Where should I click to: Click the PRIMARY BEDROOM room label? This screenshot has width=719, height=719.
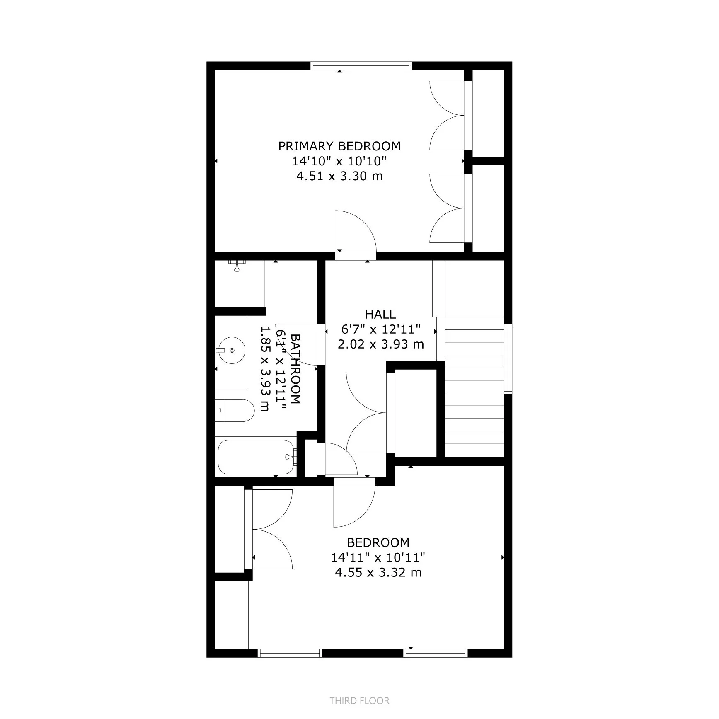click(339, 146)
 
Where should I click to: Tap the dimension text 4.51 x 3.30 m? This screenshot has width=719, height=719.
click(339, 176)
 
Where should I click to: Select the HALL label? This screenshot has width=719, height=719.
click(380, 314)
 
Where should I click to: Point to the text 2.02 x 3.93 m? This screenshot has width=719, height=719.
click(380, 344)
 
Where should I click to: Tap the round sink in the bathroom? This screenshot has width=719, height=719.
click(231, 351)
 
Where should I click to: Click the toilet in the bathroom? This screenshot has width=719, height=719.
click(235, 411)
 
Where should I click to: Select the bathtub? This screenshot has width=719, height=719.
click(257, 457)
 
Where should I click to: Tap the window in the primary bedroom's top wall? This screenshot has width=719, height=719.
click(361, 65)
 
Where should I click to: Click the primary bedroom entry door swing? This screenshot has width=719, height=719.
click(354, 232)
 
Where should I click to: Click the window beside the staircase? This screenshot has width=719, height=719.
click(508, 359)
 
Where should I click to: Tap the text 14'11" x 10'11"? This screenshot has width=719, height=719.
click(378, 558)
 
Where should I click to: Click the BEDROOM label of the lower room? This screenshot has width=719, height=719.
click(378, 542)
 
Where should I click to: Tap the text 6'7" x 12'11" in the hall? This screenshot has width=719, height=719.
click(380, 329)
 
